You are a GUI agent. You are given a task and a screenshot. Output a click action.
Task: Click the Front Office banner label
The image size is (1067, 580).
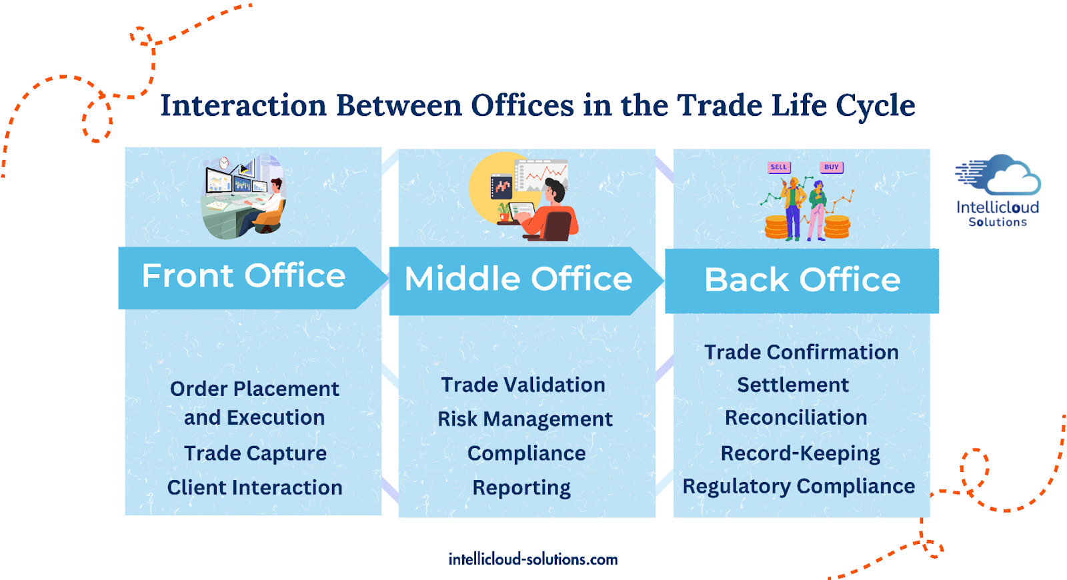(243, 276)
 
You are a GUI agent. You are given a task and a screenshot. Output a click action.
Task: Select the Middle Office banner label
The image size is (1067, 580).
(518, 279)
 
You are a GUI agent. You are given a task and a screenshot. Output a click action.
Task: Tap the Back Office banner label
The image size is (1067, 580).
(802, 279)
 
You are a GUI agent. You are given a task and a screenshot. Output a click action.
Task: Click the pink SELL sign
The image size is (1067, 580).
(779, 167)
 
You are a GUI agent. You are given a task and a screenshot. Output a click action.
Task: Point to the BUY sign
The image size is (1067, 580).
(831, 167)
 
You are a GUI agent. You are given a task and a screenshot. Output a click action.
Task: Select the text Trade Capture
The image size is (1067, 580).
(255, 453)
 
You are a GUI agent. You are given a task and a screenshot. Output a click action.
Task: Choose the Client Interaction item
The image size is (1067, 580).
(255, 487)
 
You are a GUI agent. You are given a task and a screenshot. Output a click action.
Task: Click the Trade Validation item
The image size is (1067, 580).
(523, 385)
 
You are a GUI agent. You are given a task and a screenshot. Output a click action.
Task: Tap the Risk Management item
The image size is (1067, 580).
(525, 419)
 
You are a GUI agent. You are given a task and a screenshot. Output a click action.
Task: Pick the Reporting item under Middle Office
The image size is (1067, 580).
(521, 488)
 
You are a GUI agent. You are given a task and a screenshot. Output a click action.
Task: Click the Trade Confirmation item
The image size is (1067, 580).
(801, 353)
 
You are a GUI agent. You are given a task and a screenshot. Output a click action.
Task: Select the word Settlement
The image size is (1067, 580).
(793, 385)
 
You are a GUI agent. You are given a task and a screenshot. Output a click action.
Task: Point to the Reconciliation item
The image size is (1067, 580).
(796, 417)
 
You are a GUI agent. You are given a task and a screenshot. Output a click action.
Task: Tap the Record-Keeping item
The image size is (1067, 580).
(800, 453)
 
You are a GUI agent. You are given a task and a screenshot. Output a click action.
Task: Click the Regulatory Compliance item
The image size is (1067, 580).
(799, 487)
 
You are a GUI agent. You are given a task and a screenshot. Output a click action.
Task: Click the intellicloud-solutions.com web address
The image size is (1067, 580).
(533, 559)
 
